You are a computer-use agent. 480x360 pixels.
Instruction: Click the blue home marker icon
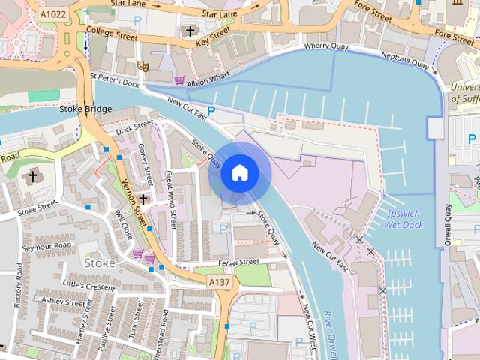click(240, 173)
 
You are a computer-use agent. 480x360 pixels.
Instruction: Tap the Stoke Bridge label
click(85, 109)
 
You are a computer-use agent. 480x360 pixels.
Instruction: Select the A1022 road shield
click(52, 13)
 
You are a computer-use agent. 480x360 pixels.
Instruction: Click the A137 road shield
click(220, 281)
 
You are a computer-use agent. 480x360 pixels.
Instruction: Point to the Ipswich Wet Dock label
click(403, 219)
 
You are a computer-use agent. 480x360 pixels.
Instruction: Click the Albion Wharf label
click(208, 80)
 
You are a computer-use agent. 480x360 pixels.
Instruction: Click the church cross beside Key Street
click(190, 31)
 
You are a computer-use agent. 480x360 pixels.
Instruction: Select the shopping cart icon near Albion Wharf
click(179, 79)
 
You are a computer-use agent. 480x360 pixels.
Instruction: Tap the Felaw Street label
click(238, 262)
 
